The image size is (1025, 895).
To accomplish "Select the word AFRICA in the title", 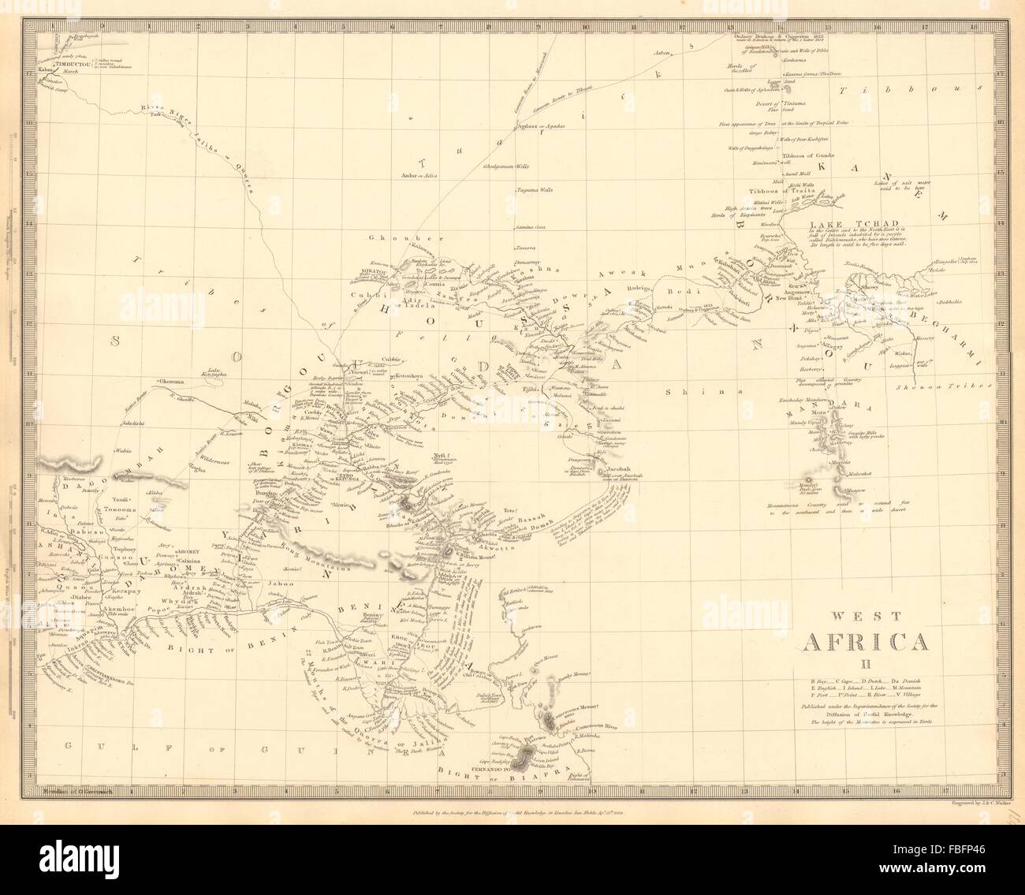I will pyautogui.click(x=864, y=642).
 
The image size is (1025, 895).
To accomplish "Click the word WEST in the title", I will pyautogui.click(x=865, y=619).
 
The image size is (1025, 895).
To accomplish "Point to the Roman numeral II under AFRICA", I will pyautogui.click(x=864, y=662).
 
